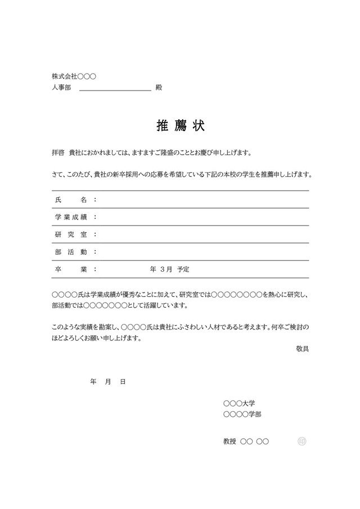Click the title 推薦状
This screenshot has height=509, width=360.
coord(180,126)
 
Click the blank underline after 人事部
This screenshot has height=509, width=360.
coord(115,88)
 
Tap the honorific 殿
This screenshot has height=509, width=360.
coord(159,88)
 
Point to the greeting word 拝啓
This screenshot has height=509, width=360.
coord(58,152)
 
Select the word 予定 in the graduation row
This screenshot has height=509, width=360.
coord(183,269)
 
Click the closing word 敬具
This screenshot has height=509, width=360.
coord(302,349)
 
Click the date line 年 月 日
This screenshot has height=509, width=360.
coord(107,382)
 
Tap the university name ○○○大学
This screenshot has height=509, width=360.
coord(239,404)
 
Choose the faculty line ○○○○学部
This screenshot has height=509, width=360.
coord(242,415)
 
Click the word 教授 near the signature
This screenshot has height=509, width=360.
coord(229,442)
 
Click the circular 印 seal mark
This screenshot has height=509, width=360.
coord(302,442)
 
